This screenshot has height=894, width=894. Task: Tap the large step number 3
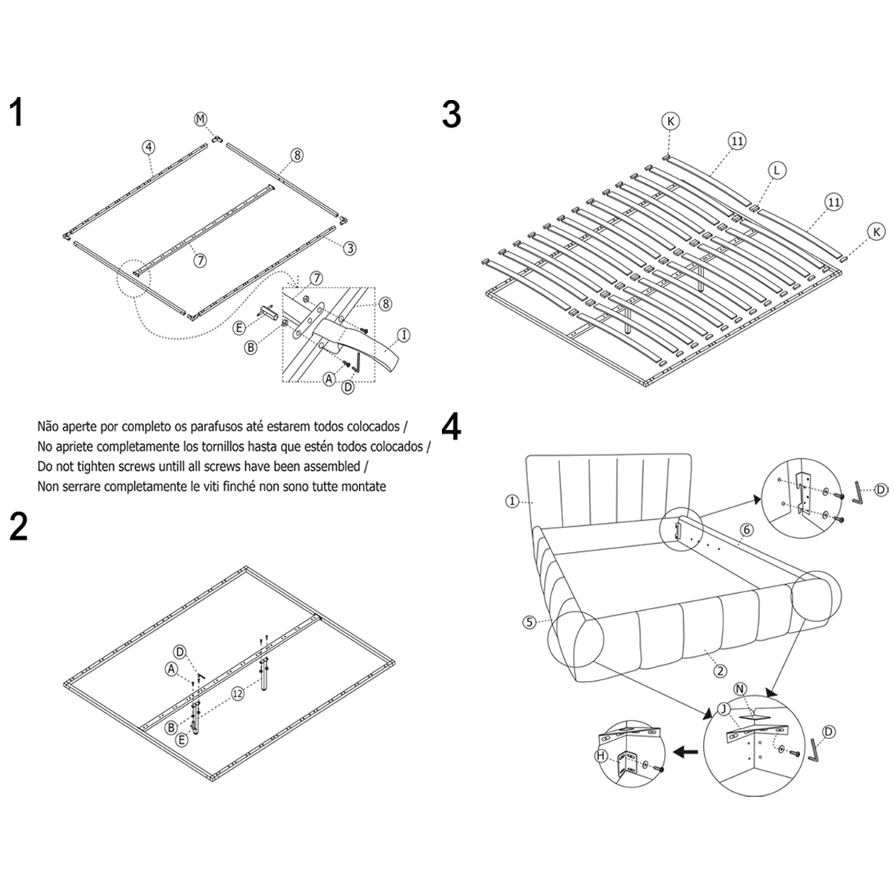(451, 115)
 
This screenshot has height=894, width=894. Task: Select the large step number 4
(451, 426)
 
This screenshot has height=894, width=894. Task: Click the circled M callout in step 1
(200, 119)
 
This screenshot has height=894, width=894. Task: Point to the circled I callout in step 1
(403, 336)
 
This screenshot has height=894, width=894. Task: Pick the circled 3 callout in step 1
(349, 248)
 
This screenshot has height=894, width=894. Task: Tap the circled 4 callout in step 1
(149, 148)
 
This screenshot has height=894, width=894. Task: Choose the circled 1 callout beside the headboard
(512, 501)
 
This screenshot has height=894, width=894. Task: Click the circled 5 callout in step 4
(530, 622)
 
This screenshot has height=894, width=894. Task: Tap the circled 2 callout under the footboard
(720, 670)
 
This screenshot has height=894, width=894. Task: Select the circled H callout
(600, 756)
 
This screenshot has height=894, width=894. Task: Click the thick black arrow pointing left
(685, 752)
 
